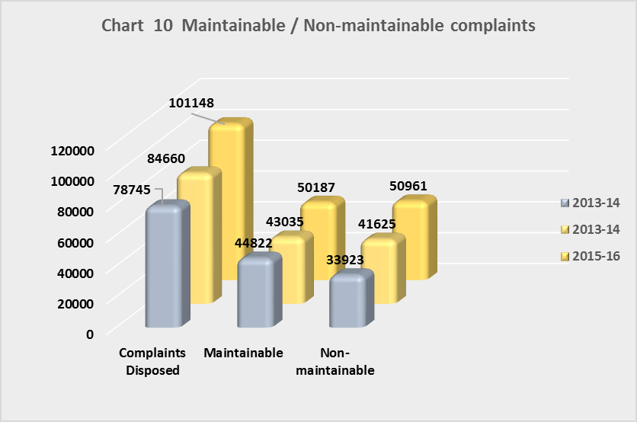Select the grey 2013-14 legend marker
[565, 203]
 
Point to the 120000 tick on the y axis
[71, 150]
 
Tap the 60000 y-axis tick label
[75, 241]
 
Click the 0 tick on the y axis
[89, 334]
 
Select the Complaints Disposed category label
[152, 362]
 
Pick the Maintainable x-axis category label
[243, 353]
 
